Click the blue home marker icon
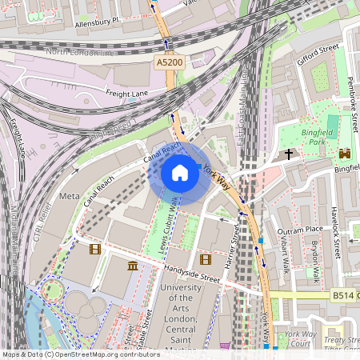pyautogui.click(x=180, y=173)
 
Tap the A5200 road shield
pyautogui.click(x=166, y=61)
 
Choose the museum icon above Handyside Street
pyautogui.click(x=132, y=266)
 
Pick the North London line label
pyautogui.click(x=80, y=52)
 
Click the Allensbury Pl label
pyautogui.click(x=94, y=22)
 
